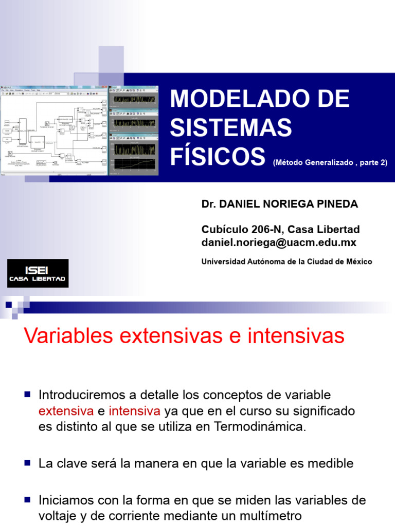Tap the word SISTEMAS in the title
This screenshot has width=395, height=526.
pos(231,127)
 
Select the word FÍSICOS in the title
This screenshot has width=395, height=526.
pos(218,155)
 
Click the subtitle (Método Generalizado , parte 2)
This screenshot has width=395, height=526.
pos(330,162)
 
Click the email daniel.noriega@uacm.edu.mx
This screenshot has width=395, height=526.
pos(279,242)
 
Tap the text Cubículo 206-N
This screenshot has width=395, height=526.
pos(241,229)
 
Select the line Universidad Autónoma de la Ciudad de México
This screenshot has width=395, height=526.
pos(286,261)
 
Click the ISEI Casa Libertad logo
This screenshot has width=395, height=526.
pos(38,273)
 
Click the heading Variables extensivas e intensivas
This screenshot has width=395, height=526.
pos(184,336)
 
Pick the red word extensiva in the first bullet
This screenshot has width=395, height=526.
pos(66,411)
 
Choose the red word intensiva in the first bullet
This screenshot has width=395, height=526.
pos(135,411)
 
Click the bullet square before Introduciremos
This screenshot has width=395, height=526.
pos(28,394)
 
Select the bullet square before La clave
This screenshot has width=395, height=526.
pos(28,462)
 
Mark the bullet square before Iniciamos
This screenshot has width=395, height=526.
pos(28,499)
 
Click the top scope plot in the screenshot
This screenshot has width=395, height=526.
pos(133,99)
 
